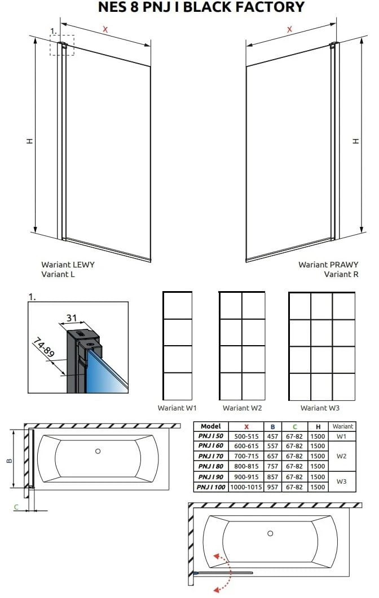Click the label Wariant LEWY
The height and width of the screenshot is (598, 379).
point(68,264)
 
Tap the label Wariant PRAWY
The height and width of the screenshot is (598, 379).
point(329,264)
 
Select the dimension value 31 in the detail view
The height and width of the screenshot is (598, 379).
point(72,318)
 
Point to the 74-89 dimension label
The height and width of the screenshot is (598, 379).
point(43,347)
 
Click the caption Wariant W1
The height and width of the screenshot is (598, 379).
point(177,408)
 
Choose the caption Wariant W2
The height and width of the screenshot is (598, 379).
point(242,408)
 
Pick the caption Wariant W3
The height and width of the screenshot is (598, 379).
point(320,408)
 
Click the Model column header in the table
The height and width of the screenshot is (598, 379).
point(211,426)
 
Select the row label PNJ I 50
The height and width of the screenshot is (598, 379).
point(211,436)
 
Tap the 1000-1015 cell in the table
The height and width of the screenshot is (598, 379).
point(246,487)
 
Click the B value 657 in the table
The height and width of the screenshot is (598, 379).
point(272,456)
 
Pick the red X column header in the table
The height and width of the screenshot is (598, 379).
point(246,427)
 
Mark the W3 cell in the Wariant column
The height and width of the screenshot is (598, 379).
point(342,481)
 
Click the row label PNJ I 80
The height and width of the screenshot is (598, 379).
point(211,466)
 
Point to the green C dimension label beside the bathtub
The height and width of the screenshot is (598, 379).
point(16,507)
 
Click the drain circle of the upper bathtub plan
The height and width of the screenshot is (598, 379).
point(98,451)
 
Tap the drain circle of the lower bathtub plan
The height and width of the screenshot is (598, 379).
point(270,533)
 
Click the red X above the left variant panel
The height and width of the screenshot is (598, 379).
point(105,29)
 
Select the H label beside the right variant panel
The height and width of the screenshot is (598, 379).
point(356,141)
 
